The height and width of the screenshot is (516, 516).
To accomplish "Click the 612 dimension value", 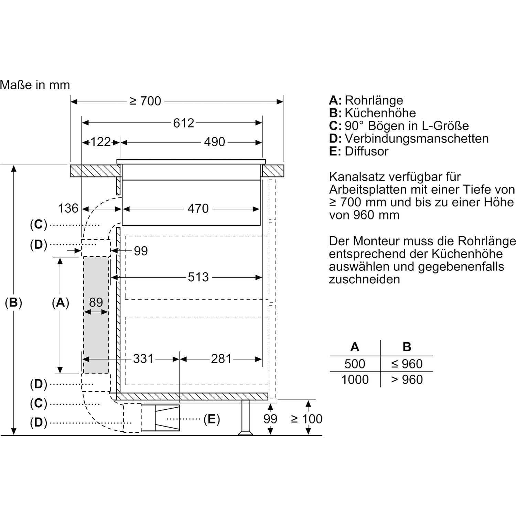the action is click(x=184, y=123).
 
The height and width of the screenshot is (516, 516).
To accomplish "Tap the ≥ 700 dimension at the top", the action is click(x=146, y=101).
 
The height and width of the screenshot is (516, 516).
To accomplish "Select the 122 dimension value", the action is click(x=100, y=142).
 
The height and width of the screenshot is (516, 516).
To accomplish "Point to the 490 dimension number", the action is click(x=215, y=142).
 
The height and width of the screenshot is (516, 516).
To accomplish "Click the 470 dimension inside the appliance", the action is click(x=198, y=208).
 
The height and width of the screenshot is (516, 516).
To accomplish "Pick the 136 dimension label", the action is click(x=68, y=208).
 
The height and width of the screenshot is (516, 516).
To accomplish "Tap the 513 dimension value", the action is click(x=198, y=277).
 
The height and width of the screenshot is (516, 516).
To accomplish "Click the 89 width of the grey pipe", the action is click(x=96, y=302).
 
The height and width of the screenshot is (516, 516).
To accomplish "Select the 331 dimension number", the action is click(x=143, y=359).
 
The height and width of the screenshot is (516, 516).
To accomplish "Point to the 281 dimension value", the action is click(x=221, y=359).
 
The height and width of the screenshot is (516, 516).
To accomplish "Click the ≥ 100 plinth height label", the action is click(x=307, y=419).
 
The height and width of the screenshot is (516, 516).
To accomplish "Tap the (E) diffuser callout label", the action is click(x=212, y=419).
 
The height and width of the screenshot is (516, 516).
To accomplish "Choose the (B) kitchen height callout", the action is click(x=13, y=302).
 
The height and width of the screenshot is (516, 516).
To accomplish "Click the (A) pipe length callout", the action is click(x=61, y=302).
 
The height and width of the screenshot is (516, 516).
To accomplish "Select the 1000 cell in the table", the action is click(x=355, y=379).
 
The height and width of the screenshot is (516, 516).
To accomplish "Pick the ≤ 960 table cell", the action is click(x=407, y=364).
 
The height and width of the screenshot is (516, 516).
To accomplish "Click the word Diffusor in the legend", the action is click(x=367, y=151).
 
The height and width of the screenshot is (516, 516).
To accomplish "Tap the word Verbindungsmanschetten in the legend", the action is click(x=417, y=139).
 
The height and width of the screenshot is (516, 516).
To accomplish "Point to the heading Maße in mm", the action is click(x=35, y=85).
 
